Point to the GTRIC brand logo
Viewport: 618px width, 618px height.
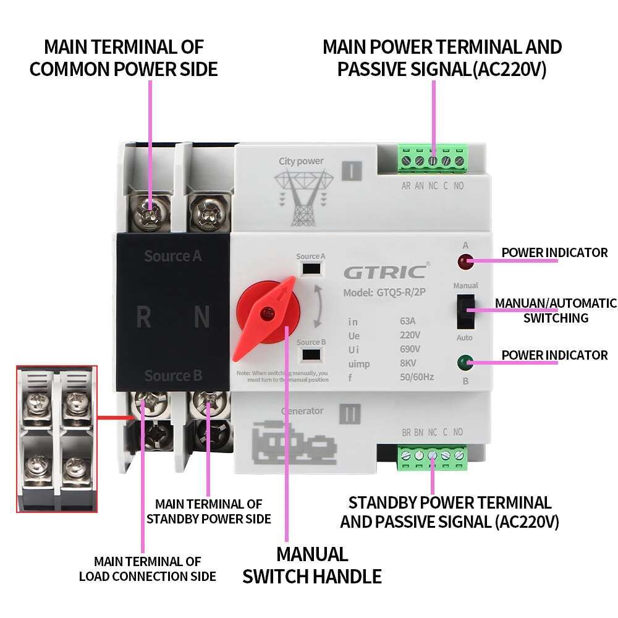pos(384,272)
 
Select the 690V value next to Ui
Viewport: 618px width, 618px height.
pos(410,349)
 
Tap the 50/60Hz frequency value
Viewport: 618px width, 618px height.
pos(417,377)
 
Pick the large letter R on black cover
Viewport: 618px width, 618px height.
pos(143,318)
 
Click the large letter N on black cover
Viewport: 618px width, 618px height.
pos(202,318)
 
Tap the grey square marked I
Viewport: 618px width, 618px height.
pos(350,171)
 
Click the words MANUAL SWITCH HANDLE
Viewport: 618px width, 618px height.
pos(311,565)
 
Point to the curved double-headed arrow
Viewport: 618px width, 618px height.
pos(318,306)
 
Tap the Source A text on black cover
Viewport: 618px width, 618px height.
pos(173,256)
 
